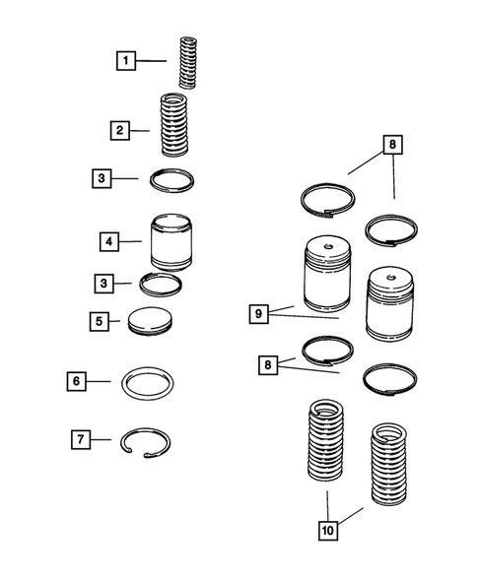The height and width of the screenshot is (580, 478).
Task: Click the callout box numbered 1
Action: coord(126,61)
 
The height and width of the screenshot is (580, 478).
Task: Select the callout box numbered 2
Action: coord(120,130)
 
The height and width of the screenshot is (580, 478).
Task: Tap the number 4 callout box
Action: coord(109,241)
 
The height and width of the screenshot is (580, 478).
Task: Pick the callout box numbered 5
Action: coord(100,321)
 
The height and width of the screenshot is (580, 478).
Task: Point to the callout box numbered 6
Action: coord(76,381)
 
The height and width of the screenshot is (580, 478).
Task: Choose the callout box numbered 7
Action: coord(81,439)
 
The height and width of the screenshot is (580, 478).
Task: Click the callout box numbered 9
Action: coord(259,314)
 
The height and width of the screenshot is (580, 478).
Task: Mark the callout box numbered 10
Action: coord(328,531)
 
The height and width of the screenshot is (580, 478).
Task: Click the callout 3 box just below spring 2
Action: coord(102,178)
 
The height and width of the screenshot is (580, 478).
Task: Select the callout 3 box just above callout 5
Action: coord(104,284)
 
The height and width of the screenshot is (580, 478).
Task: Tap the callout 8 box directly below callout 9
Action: coord(268,365)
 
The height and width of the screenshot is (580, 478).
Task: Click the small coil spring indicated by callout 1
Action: coord(187,62)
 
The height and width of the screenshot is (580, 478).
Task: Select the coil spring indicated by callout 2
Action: coord(174,125)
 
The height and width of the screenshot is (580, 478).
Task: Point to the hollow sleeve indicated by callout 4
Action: coord(171,241)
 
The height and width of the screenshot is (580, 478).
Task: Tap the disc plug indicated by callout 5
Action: coord(151,321)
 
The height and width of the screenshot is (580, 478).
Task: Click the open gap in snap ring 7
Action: coord(138,454)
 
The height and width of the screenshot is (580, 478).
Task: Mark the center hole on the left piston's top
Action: coord(327,246)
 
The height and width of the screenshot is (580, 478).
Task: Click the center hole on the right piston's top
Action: coord(390,277)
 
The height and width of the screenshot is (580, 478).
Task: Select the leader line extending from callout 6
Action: coord(99,381)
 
